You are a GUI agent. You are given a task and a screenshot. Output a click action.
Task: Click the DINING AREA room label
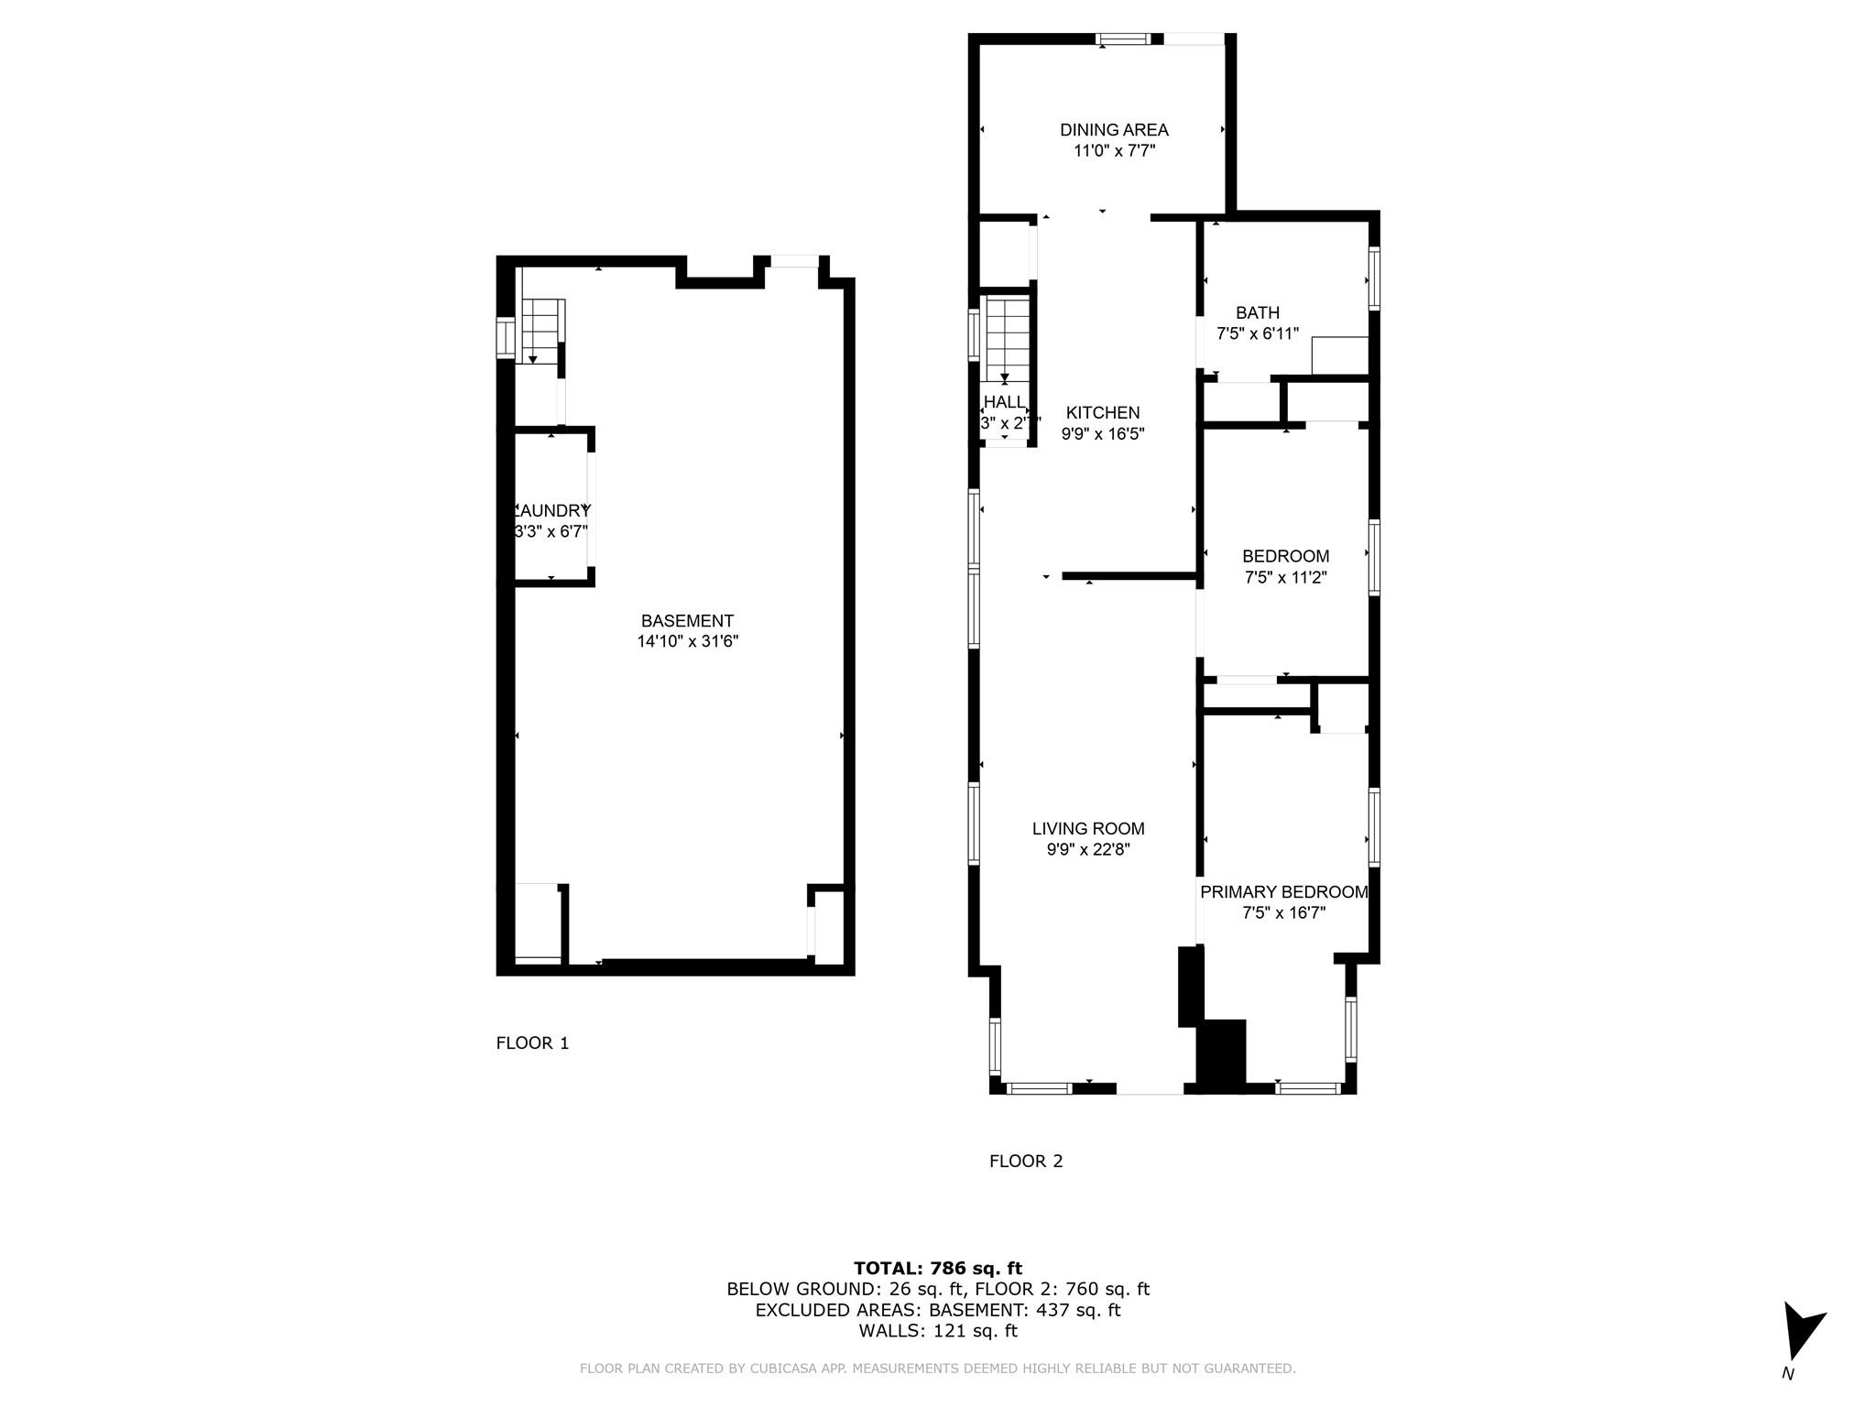[1114, 130]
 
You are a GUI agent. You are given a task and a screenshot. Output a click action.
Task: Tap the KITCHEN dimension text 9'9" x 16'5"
[1103, 434]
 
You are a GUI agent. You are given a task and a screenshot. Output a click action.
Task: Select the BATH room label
[1257, 313]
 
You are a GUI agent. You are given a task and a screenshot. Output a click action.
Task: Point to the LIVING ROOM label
[1088, 828]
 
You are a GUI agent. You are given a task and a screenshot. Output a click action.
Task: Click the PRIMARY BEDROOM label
[1283, 892]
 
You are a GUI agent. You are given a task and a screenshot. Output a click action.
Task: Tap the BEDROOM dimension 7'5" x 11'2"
[1285, 577]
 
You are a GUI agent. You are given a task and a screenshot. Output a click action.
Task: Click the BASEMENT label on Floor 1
[687, 621]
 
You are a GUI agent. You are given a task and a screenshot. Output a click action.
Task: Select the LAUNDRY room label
[551, 511]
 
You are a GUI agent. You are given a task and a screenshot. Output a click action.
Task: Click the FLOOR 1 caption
[532, 1042]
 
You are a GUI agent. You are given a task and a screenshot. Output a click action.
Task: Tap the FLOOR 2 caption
[1026, 1161]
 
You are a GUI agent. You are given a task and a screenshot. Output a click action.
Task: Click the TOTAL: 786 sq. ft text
[938, 1268]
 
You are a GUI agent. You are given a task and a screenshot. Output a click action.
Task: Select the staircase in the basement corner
[540, 331]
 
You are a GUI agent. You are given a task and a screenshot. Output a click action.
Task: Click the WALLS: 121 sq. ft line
[938, 1331]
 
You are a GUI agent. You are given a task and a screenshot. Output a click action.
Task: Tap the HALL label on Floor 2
[1005, 402]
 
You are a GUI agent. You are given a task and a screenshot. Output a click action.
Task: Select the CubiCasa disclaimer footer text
[938, 1369]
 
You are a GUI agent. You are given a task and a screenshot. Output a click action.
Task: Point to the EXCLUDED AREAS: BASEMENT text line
[938, 1310]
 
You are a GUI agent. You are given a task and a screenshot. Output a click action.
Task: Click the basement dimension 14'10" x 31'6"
[687, 642]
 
